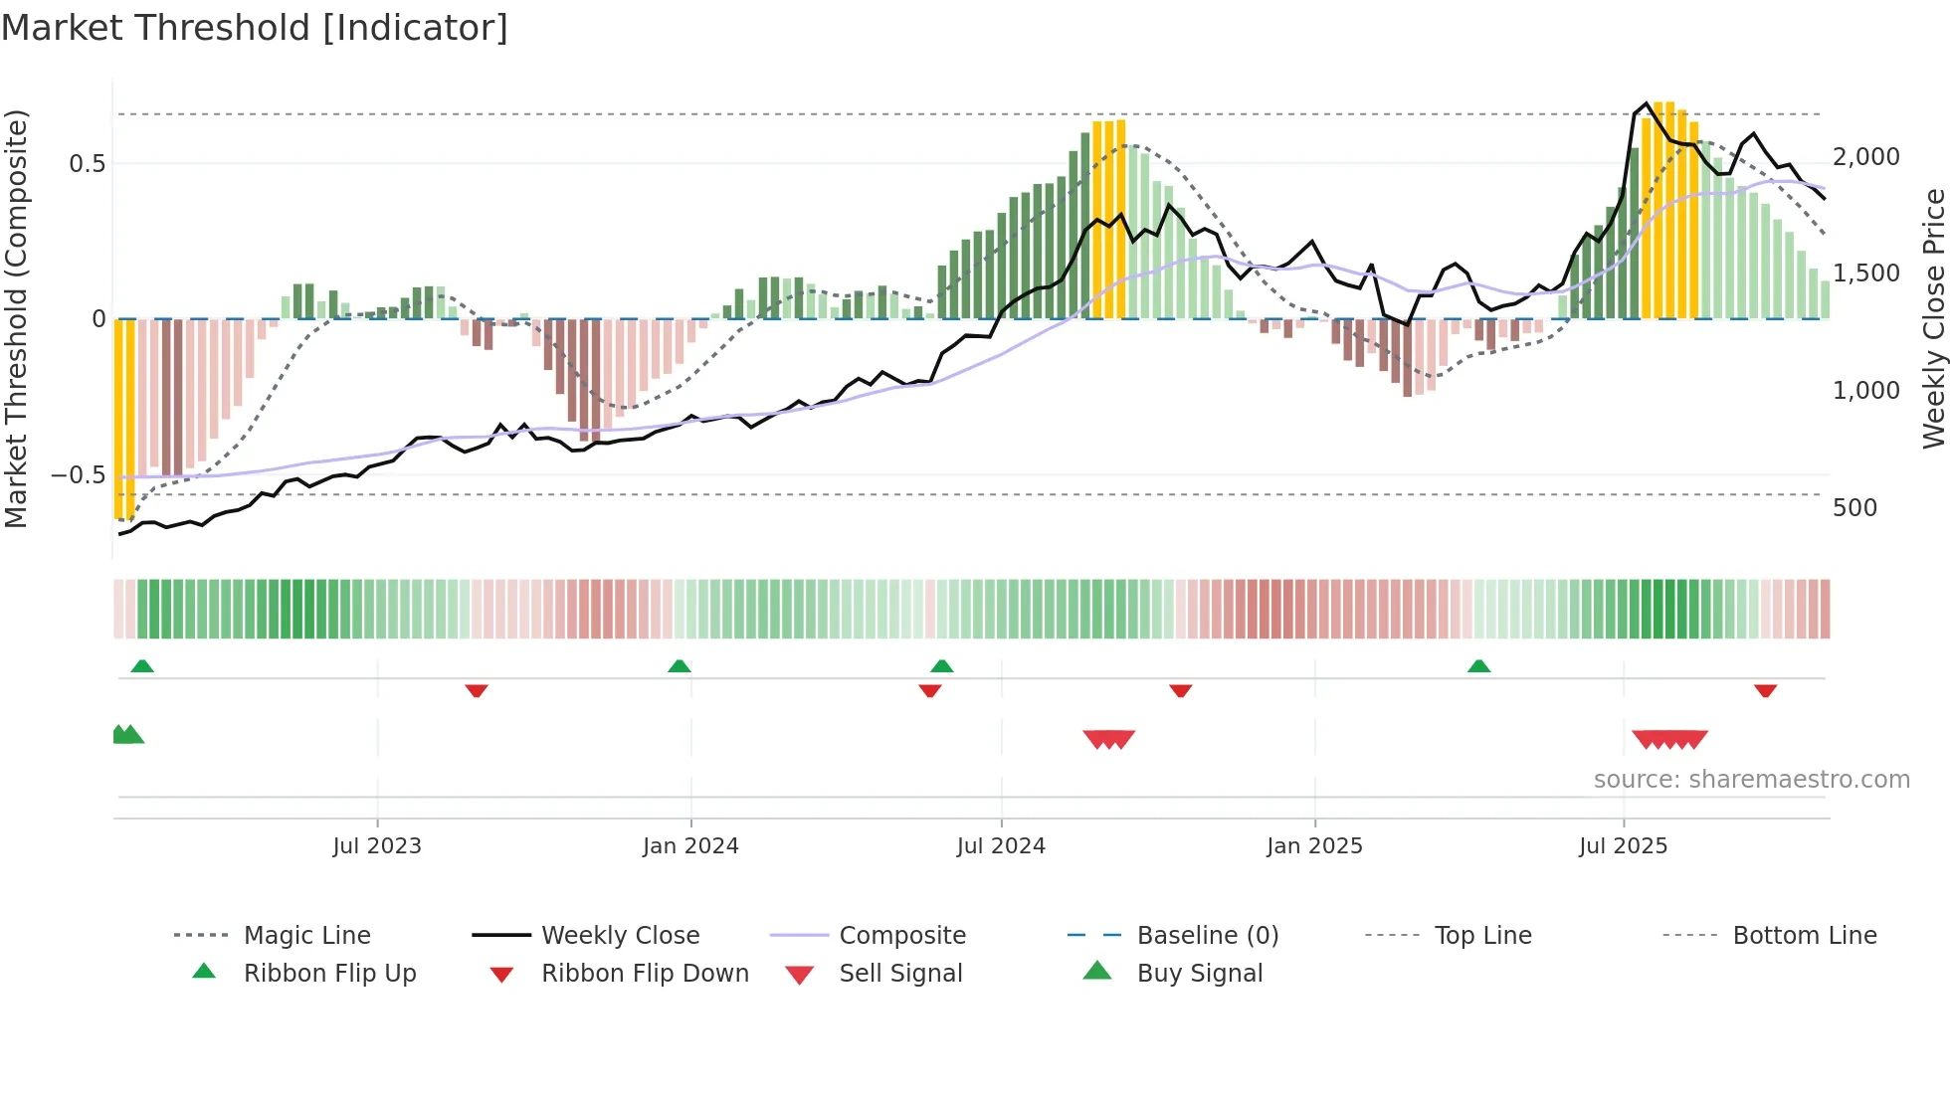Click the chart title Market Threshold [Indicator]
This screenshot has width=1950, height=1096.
pyautogui.click(x=255, y=28)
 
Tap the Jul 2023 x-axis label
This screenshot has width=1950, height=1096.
pyautogui.click(x=377, y=845)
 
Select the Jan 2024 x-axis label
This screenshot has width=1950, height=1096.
pyautogui.click(x=690, y=845)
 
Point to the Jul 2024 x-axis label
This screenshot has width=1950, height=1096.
pyautogui.click(x=1001, y=845)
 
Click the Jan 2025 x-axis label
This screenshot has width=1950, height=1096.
pyautogui.click(x=1314, y=845)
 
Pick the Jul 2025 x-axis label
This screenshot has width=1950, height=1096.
pyautogui.click(x=1623, y=845)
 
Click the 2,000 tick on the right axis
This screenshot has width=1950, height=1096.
pyautogui.click(x=1866, y=157)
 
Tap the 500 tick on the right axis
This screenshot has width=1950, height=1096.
pyautogui.click(x=1854, y=508)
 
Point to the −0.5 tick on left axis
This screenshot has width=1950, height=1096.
pyautogui.click(x=79, y=474)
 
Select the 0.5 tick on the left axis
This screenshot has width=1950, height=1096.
pyautogui.click(x=87, y=163)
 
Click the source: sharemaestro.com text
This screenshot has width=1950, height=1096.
pyautogui.click(x=1751, y=779)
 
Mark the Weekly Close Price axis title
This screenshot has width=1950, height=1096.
pyautogui.click(x=1933, y=318)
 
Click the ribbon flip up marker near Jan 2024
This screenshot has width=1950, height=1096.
pyautogui.click(x=680, y=666)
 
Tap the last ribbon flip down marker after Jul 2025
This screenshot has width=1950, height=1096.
pyautogui.click(x=1766, y=690)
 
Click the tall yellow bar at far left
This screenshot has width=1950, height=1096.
pyautogui.click(x=124, y=418)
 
